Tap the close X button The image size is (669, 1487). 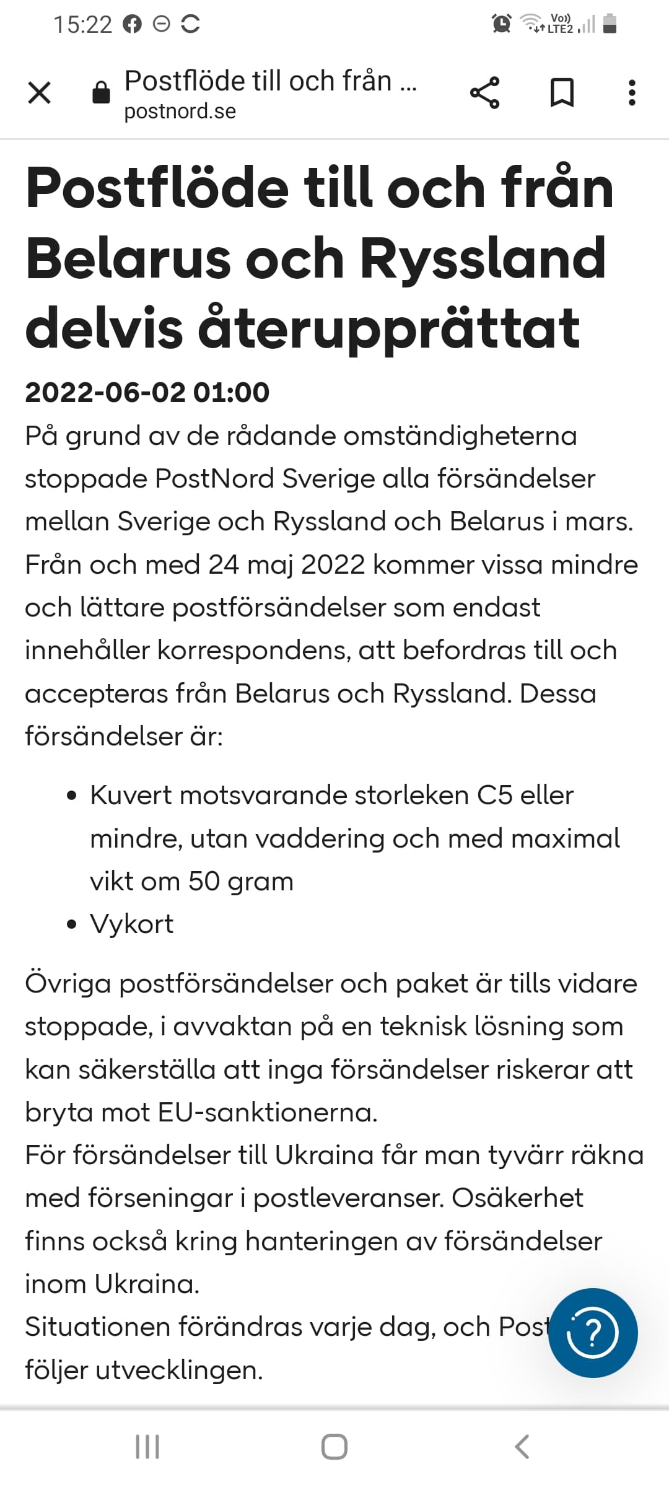click(x=40, y=94)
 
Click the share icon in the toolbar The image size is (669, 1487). click(x=484, y=94)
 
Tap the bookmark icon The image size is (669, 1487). click(x=562, y=94)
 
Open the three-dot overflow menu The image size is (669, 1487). click(x=631, y=94)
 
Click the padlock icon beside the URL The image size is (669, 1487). click(x=101, y=94)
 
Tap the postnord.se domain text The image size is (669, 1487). click(x=180, y=112)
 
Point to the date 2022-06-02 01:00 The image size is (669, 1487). click(x=147, y=392)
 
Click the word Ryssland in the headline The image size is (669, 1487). click(x=483, y=258)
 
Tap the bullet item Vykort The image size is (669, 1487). click(x=131, y=924)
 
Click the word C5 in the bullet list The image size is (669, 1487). click(x=494, y=795)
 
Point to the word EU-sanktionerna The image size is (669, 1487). click(x=268, y=1113)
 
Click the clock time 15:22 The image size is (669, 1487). click(x=82, y=24)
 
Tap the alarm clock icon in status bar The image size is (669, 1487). click(x=501, y=24)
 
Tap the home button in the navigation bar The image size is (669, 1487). click(x=334, y=1447)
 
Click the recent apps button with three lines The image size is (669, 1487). click(x=147, y=1447)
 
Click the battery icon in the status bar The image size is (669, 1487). click(x=610, y=24)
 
